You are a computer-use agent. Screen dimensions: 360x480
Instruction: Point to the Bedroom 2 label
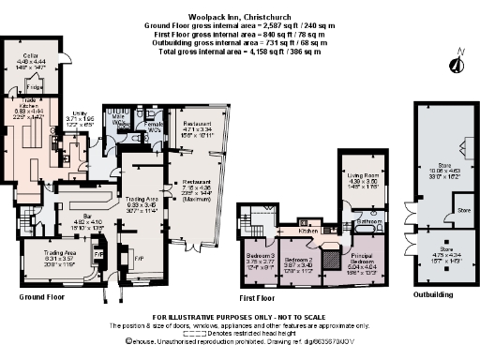pyautogui.click(x=298, y=258)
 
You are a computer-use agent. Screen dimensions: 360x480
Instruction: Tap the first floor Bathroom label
pyautogui.click(x=367, y=221)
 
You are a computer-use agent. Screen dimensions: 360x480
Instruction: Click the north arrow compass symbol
pyautogui.click(x=455, y=64)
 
